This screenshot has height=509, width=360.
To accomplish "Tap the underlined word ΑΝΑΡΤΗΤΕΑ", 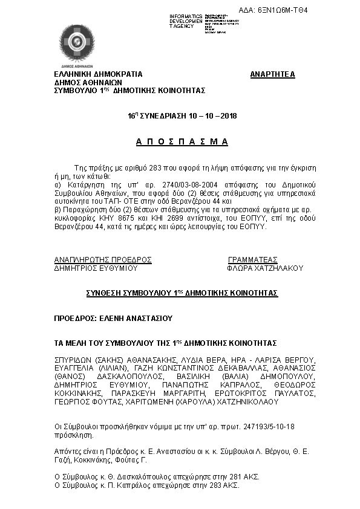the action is tap(272, 74).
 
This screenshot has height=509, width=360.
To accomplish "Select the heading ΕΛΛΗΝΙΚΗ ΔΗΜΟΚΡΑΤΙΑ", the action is tap(99, 74).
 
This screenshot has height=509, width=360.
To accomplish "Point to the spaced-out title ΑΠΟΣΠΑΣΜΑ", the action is tap(182, 141).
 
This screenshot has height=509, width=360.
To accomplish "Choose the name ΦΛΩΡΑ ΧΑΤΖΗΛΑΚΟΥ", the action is tap(264, 268).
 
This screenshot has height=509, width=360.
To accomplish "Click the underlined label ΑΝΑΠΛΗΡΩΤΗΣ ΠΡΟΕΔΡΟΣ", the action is tap(103, 259).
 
